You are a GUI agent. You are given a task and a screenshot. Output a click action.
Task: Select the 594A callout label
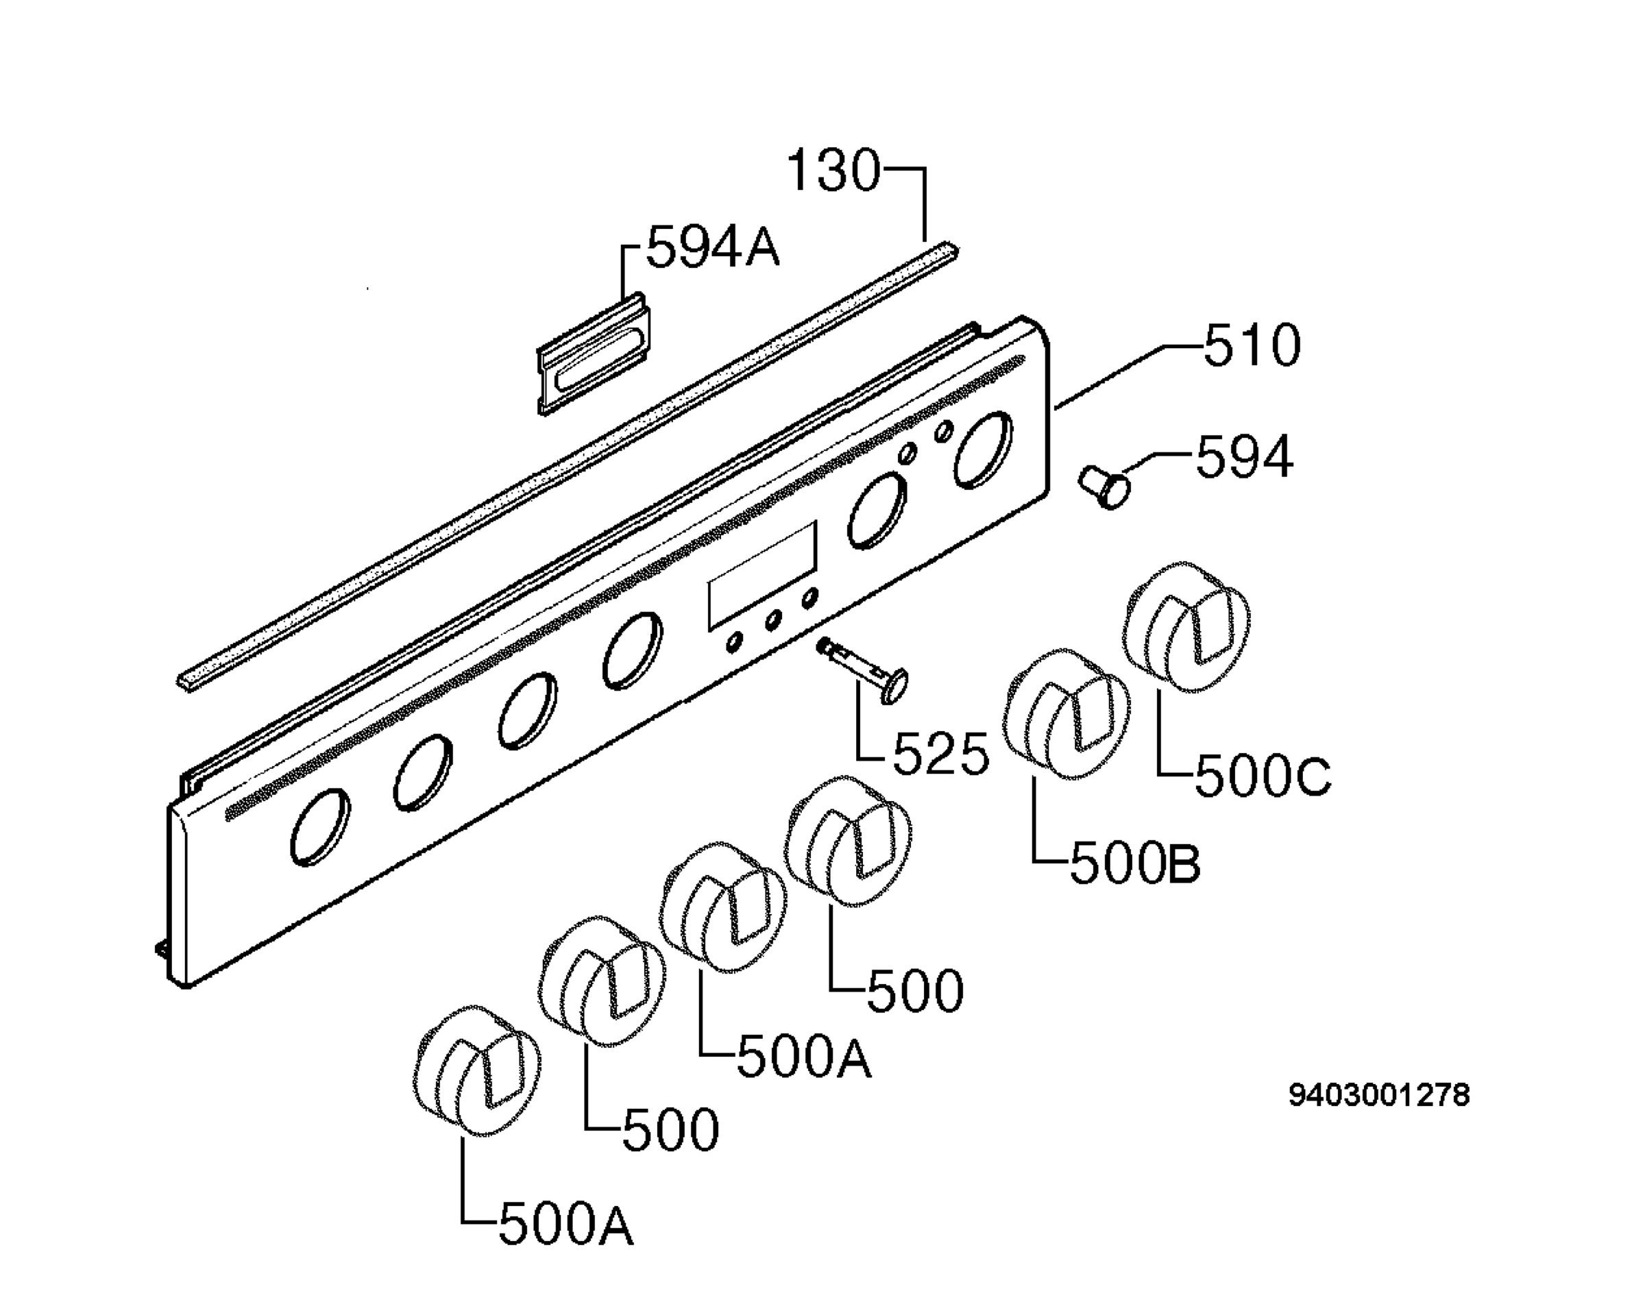(713, 246)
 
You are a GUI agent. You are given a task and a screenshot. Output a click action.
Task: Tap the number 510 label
(1252, 345)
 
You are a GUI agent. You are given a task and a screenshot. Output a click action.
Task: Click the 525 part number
(940, 753)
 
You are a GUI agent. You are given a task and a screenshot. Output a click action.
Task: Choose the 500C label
(1263, 776)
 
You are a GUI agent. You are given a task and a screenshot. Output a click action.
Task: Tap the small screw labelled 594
(1104, 489)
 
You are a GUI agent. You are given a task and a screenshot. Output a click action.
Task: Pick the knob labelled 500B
(1066, 714)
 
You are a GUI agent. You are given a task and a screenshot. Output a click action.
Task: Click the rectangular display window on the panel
(762, 576)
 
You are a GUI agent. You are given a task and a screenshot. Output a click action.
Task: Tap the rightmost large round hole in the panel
(984, 450)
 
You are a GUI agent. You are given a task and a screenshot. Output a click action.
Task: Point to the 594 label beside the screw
(1244, 456)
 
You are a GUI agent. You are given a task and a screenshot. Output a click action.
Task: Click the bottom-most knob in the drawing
(476, 1071)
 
